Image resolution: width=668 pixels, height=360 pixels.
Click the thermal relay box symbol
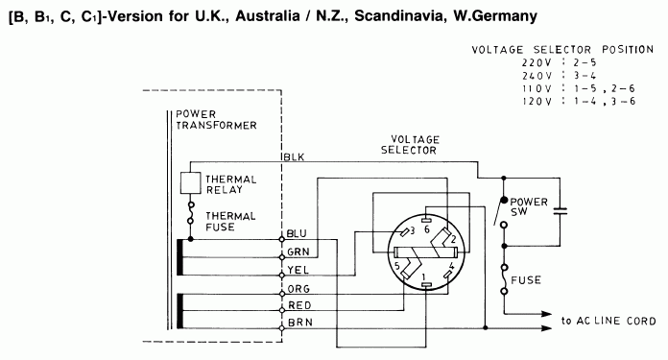pos(191,182)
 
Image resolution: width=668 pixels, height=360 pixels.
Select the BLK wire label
pos(293,156)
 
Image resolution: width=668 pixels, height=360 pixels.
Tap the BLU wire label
pos(296,234)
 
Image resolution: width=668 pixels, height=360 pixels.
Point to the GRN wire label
pos(296,251)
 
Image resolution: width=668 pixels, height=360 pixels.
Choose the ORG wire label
pos(297,289)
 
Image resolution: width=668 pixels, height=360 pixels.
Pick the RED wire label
pos(297,305)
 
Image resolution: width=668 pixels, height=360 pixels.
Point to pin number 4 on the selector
pos(451,265)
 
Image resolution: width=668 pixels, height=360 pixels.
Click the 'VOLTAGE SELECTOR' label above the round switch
pos(409,144)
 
